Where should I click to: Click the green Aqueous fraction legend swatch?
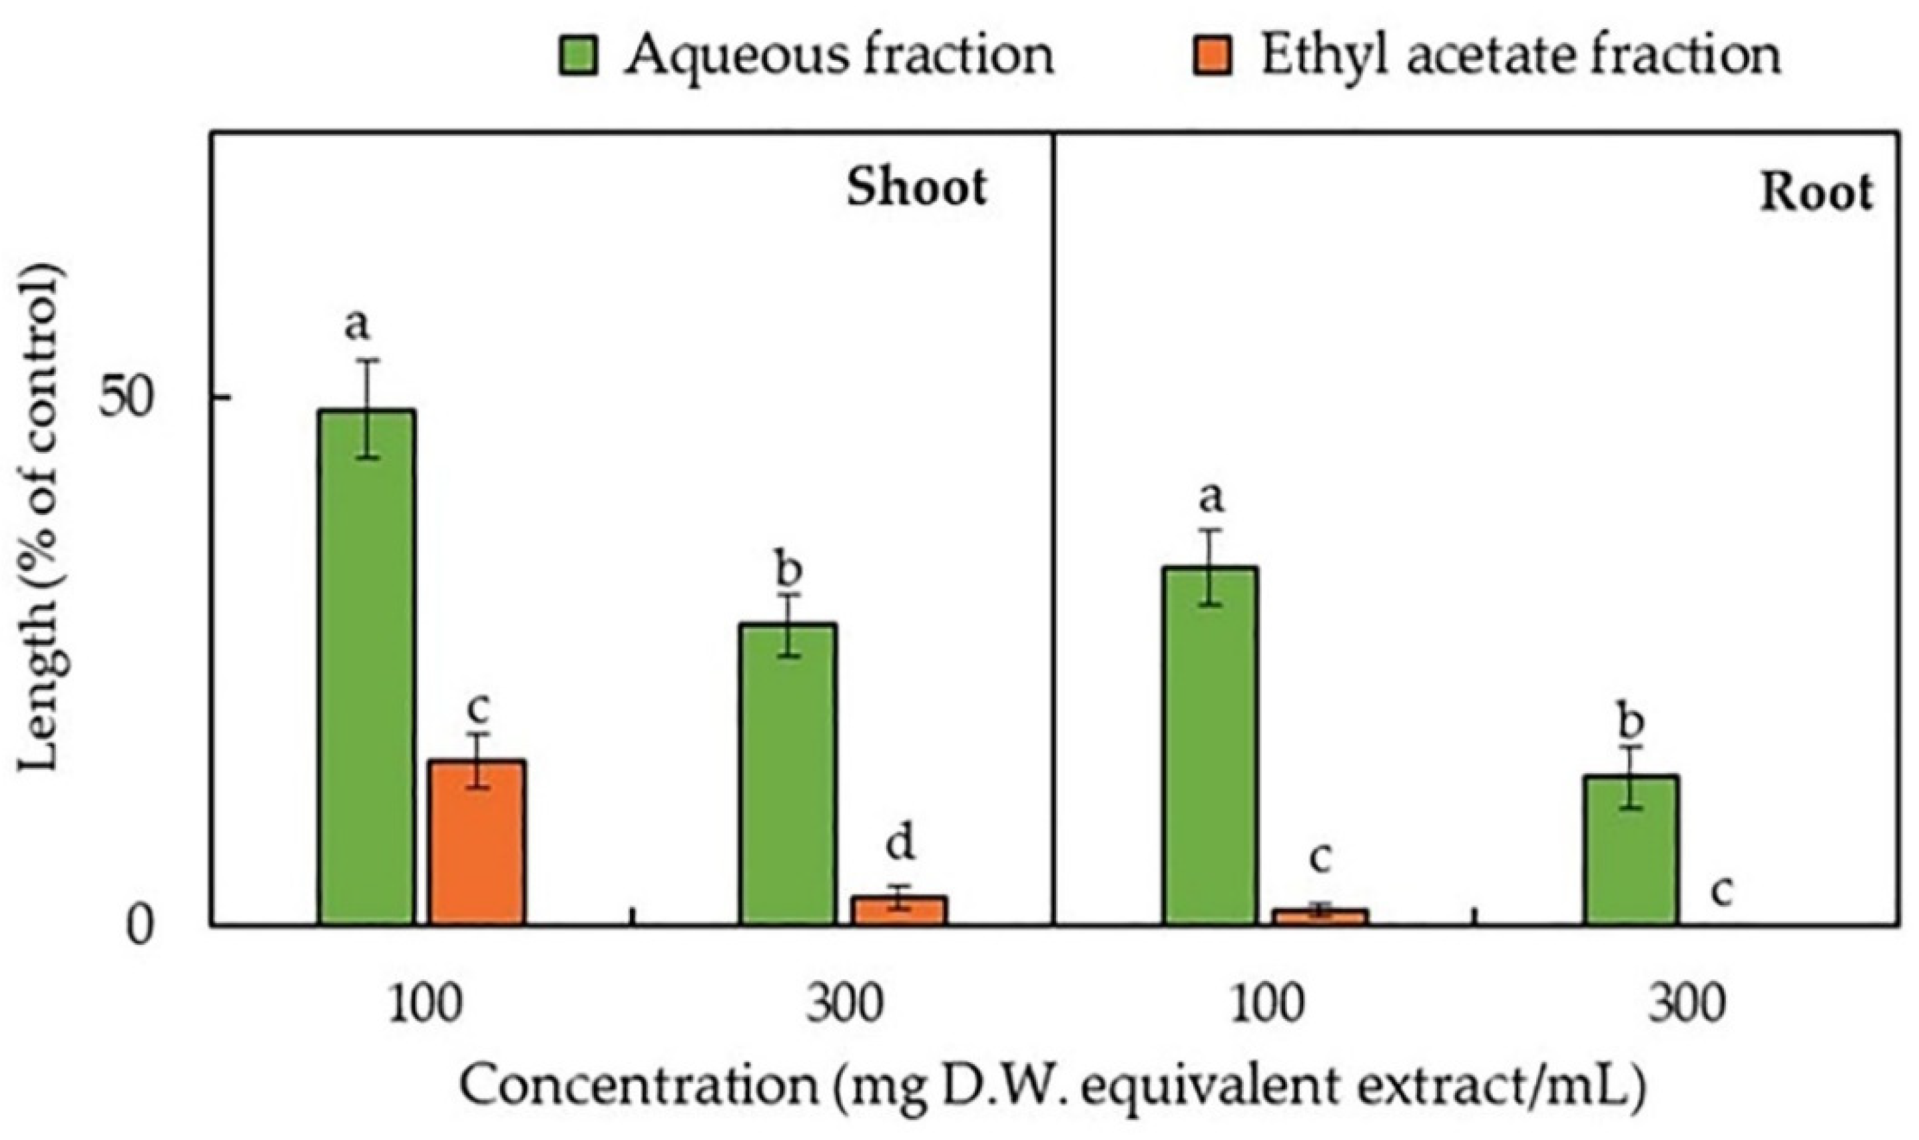pos(578,56)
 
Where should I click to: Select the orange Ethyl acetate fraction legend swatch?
pos(1213,56)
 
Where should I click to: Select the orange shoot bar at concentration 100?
pos(477,842)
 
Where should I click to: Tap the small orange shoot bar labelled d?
pos(900,910)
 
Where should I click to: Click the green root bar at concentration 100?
pos(1210,745)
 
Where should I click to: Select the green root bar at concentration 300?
pos(1630,850)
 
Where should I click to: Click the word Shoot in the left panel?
pos(916,188)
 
